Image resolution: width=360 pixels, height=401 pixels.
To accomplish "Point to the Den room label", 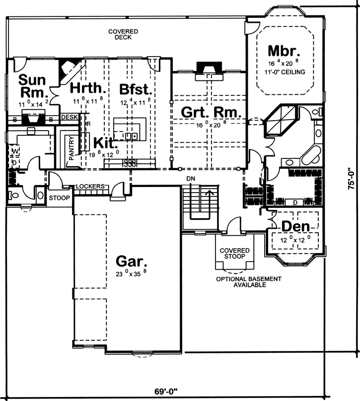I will (x=296, y=226).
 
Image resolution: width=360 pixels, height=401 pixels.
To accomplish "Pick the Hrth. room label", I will (x=88, y=88).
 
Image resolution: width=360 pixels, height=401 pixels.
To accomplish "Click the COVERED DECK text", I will (x=123, y=34).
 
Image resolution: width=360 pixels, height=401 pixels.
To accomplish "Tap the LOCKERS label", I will (x=90, y=187).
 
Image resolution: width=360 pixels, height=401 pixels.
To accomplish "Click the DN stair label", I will (x=190, y=178).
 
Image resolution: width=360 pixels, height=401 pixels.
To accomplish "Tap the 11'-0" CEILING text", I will (x=285, y=72).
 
